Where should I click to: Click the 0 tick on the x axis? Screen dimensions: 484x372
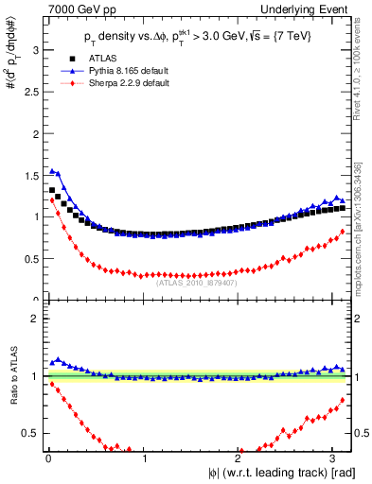(x=47, y=459)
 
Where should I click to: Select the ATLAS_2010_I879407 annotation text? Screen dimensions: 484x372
(x=196, y=282)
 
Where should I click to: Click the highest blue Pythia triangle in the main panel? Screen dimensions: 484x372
(x=52, y=171)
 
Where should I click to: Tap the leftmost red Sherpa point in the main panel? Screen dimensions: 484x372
(x=52, y=200)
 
